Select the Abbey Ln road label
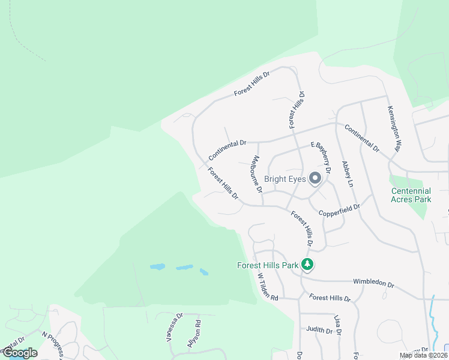coord(348,173)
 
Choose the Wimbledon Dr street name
coord(373,284)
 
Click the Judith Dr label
coord(319,330)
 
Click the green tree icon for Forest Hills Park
coord(307,264)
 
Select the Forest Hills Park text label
coord(268,264)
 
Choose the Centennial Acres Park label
coord(411,195)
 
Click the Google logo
coord(19,353)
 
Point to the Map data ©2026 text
coord(423,355)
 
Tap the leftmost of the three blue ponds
coord(157,267)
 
